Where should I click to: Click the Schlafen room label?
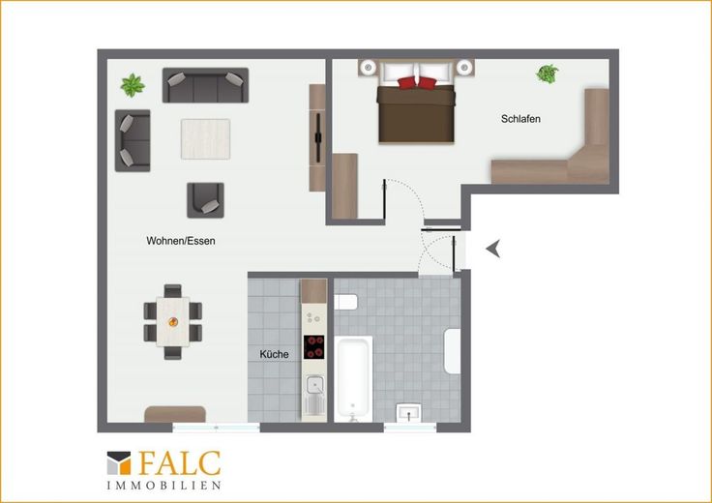click(x=520, y=119)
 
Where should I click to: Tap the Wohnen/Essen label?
click(x=181, y=241)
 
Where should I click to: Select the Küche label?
click(x=274, y=354)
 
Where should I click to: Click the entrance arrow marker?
click(x=493, y=249)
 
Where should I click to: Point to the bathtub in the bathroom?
click(x=353, y=378)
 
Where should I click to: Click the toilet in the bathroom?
click(x=346, y=302)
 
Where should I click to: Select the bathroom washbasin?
click(x=408, y=413)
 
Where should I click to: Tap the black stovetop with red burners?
click(x=313, y=347)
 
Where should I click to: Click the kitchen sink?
click(x=313, y=386)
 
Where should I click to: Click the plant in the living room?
click(x=133, y=85)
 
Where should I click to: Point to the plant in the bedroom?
click(x=548, y=74)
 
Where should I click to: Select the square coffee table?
click(x=206, y=139)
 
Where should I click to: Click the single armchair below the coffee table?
click(x=206, y=200)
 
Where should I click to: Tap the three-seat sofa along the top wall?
click(x=205, y=85)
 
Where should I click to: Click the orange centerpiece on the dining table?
click(x=173, y=322)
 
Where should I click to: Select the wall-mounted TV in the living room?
click(x=318, y=137)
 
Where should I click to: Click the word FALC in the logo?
click(x=180, y=463)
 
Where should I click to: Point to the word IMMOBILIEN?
click(x=163, y=486)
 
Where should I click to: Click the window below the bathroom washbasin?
click(x=410, y=428)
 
